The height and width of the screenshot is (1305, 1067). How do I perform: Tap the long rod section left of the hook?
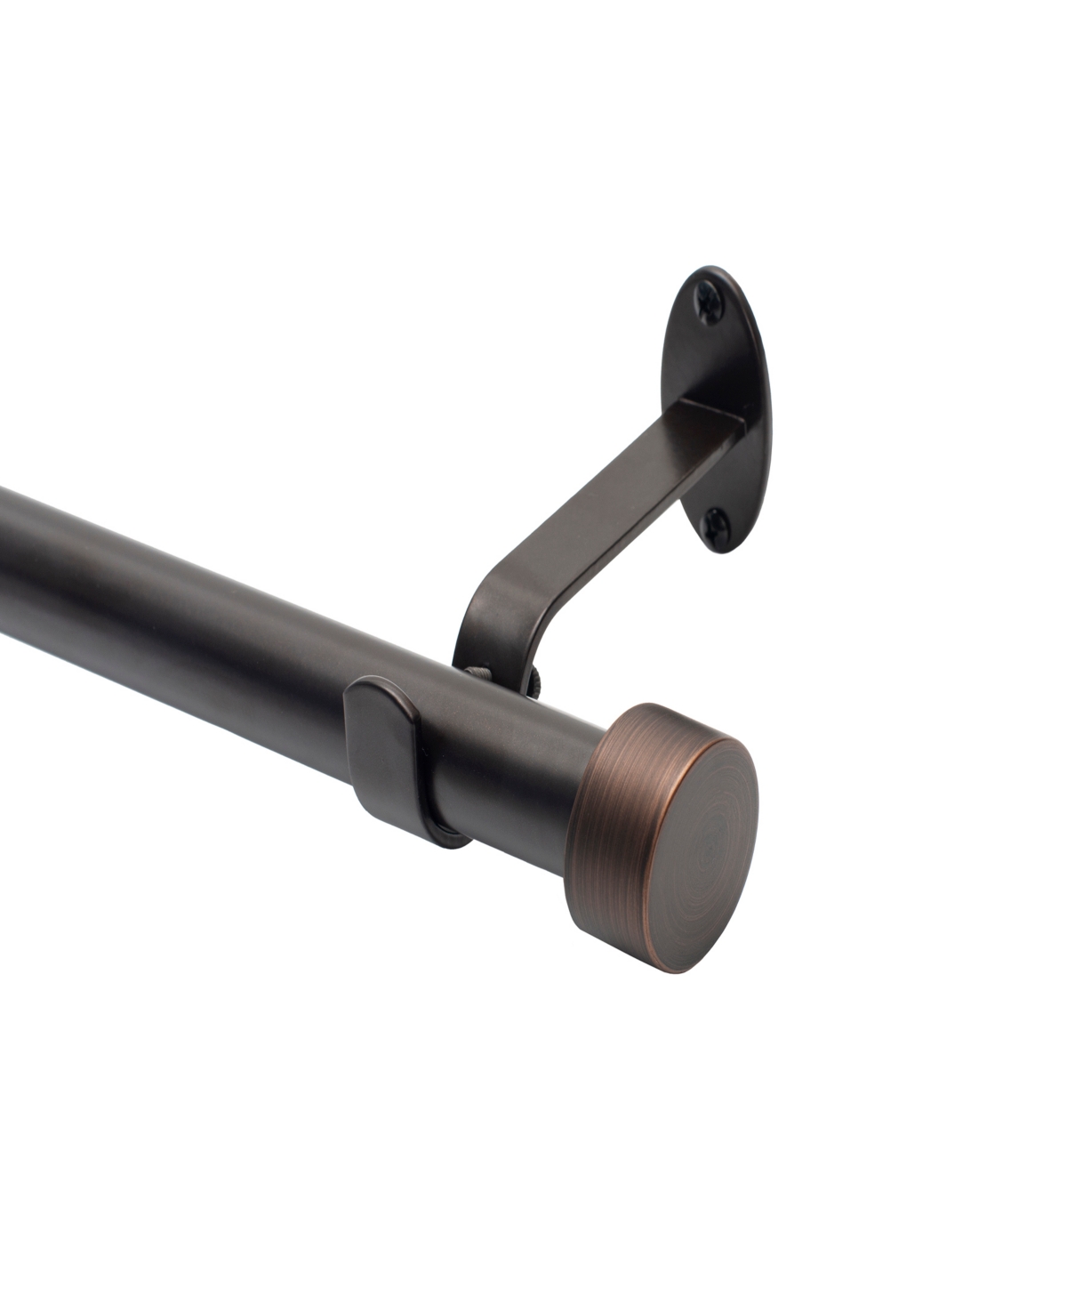(x=178, y=623)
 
